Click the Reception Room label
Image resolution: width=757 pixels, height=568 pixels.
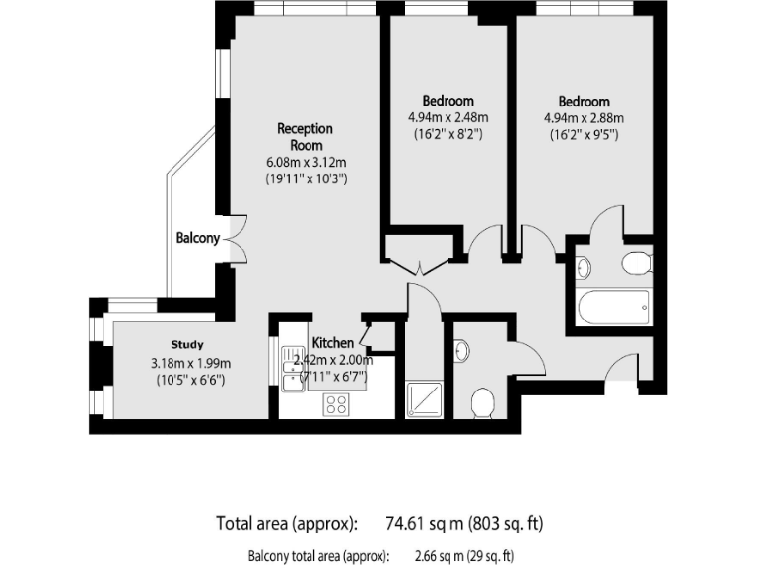[x=305, y=136]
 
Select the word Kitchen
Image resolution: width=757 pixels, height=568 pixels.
[x=333, y=342]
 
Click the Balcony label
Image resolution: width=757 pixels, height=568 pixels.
[x=197, y=238]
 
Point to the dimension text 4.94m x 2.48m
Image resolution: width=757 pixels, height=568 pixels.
[x=447, y=117]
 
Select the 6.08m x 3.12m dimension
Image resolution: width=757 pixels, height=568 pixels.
[x=305, y=162]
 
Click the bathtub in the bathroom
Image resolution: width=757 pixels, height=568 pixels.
[x=612, y=309]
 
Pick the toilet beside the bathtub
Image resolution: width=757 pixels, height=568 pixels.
[x=636, y=262]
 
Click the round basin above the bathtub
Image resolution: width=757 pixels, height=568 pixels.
[x=582, y=266]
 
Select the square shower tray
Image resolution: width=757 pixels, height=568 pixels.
[x=426, y=398]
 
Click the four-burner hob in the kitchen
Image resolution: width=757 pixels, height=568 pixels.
[x=336, y=402]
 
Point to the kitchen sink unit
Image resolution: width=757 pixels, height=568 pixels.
[x=293, y=367]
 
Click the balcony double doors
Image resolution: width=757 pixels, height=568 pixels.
[x=235, y=237]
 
